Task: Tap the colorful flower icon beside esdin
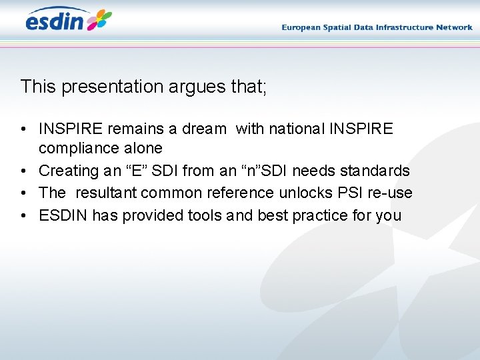point(99,20)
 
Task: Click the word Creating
point(69,171)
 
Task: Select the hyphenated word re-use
point(396,193)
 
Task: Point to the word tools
point(206,215)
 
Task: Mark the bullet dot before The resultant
point(23,193)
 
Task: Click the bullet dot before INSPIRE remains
point(23,129)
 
